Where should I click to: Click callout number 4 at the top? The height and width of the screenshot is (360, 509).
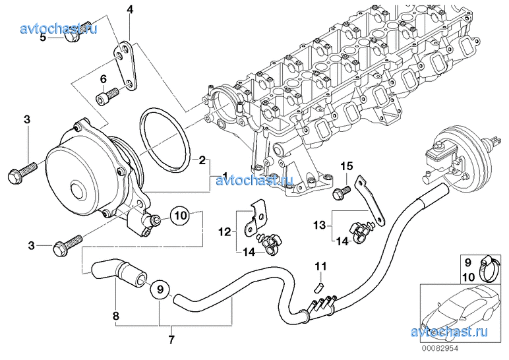pos(130,10)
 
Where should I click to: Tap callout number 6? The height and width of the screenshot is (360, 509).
pos(104,79)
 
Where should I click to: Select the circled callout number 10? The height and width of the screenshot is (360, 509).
pos(181,214)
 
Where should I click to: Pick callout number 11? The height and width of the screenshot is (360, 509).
pos(320,266)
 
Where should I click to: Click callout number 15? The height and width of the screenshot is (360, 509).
pos(347,166)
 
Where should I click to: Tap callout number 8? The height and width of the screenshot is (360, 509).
pos(116,316)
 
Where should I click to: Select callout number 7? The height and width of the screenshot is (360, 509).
pos(171,340)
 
